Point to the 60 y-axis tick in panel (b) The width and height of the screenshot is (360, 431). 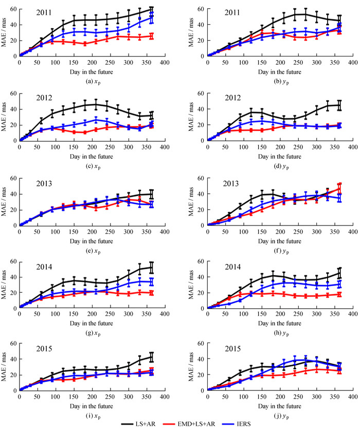(x=201, y=9)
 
